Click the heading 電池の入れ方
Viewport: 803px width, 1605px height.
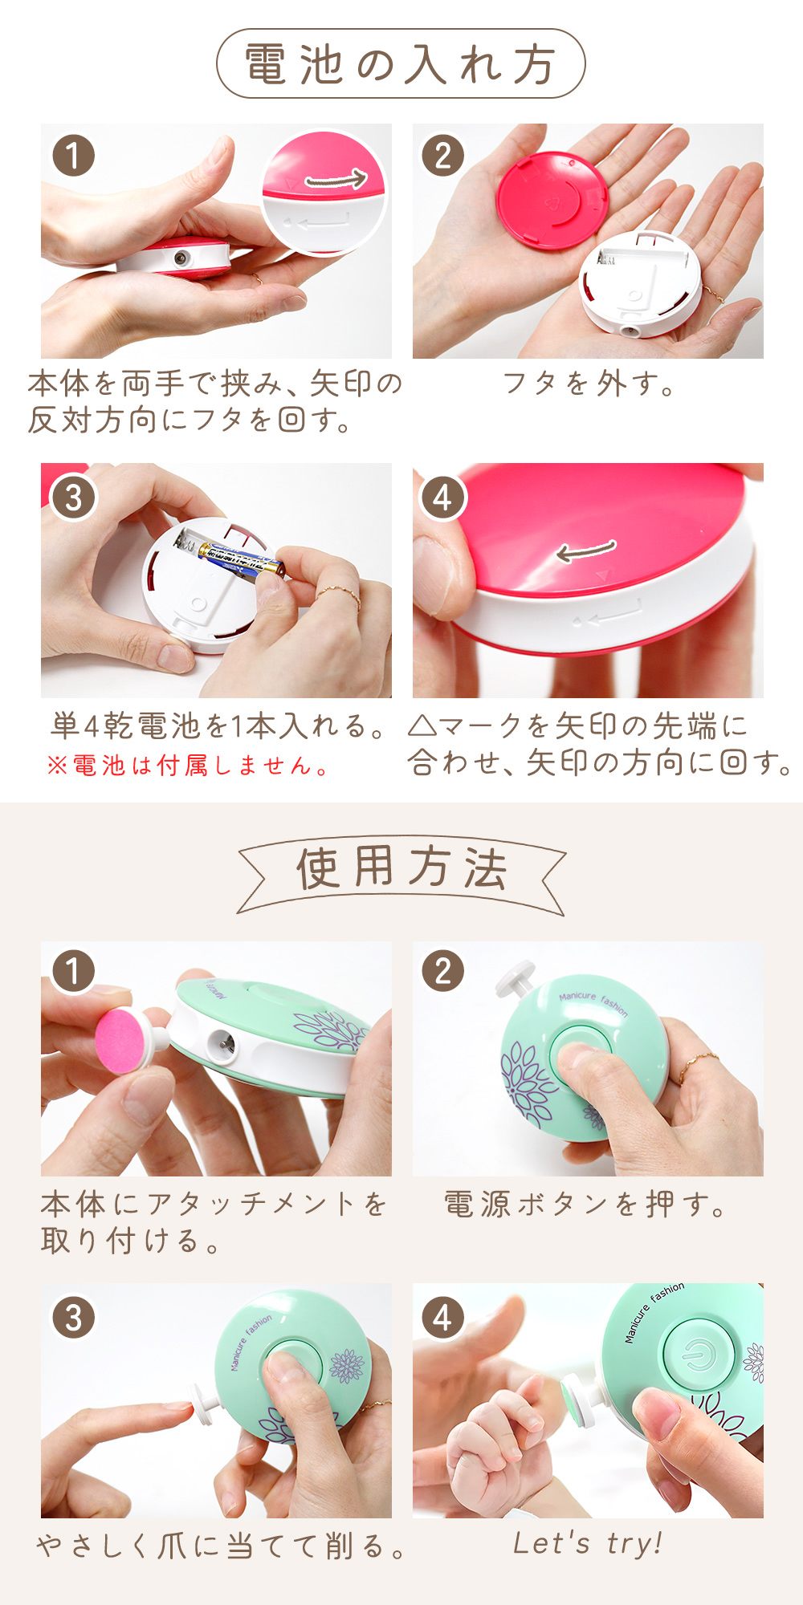(400, 64)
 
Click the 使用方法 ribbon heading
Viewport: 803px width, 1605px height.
(401, 868)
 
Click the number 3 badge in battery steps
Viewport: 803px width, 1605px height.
(73, 498)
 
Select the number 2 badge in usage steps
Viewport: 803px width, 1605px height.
(442, 971)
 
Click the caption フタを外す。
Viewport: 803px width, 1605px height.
(588, 384)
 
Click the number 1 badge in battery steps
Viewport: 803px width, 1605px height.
(73, 156)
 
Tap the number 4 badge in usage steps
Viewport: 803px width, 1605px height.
(442, 1319)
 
